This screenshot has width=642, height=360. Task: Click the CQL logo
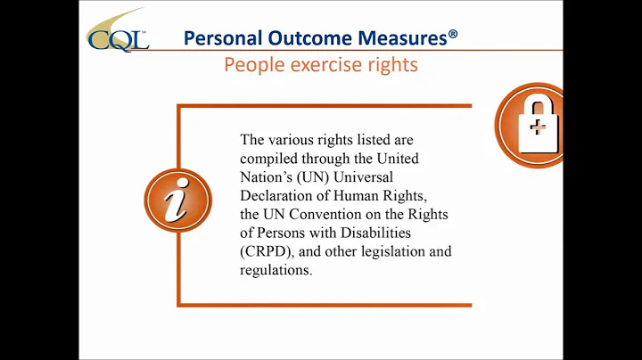[x=119, y=35]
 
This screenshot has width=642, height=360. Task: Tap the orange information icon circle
[x=177, y=201]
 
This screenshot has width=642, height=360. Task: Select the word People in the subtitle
[x=251, y=65]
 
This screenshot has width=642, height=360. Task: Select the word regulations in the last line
[x=276, y=270]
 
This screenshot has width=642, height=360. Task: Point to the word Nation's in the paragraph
[x=264, y=177]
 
